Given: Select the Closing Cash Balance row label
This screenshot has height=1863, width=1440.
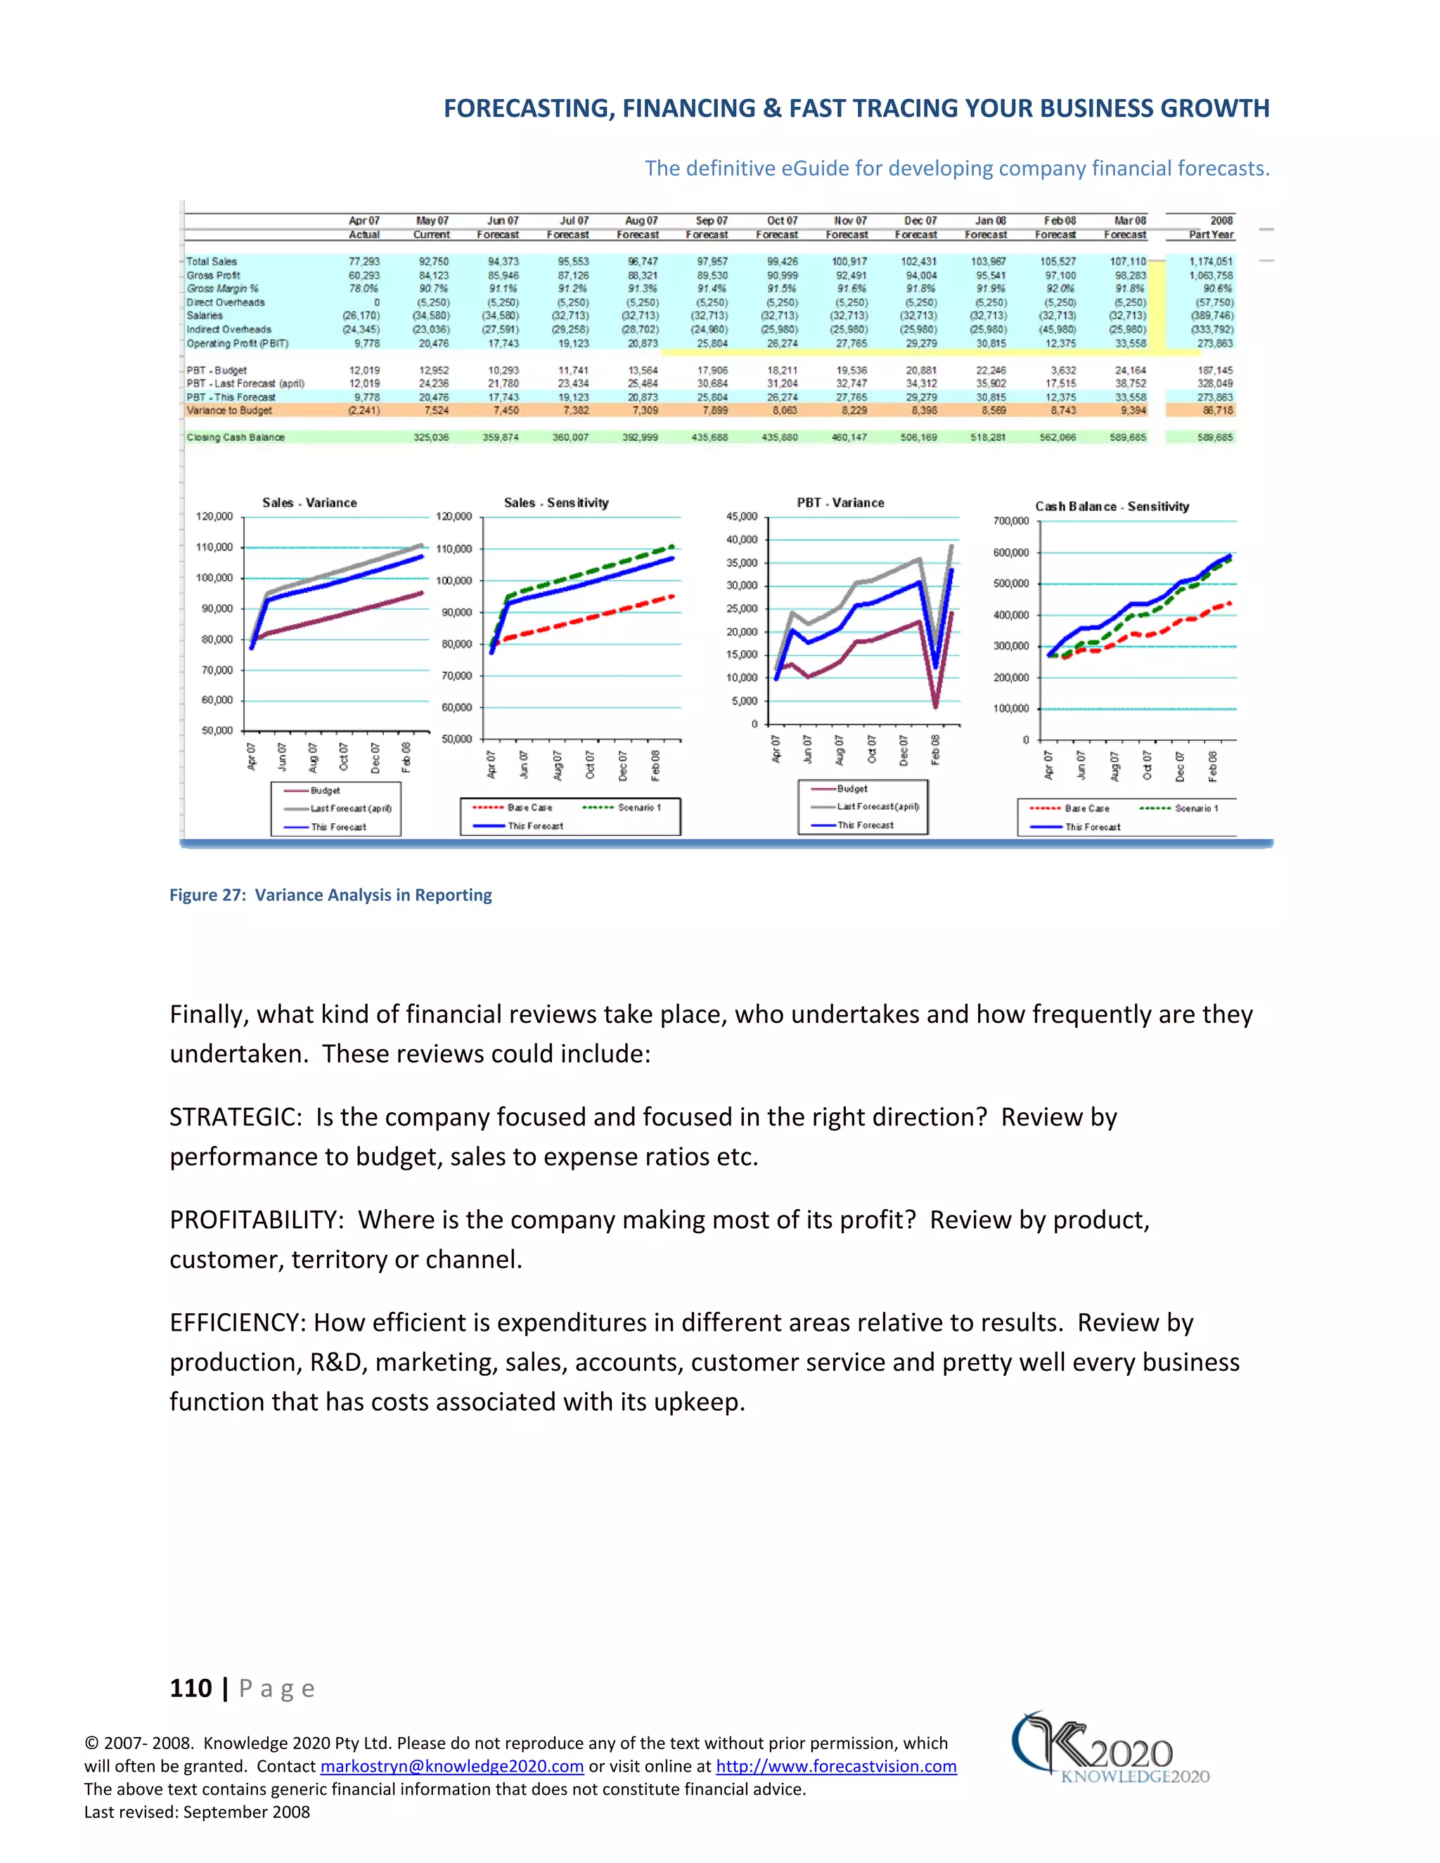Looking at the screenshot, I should [x=236, y=437].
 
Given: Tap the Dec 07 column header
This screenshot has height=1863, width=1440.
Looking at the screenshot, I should [x=920, y=221].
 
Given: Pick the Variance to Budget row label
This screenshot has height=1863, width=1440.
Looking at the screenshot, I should [x=229, y=411].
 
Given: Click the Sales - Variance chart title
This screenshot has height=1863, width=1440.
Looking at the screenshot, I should [x=309, y=503].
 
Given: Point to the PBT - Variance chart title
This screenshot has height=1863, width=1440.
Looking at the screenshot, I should [x=840, y=503].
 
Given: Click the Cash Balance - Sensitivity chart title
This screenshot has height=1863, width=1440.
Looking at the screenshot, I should [x=1112, y=507].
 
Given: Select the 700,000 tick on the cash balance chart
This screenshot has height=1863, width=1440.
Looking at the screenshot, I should [x=1011, y=521].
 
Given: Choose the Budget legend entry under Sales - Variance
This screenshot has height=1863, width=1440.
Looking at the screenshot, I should [x=324, y=791].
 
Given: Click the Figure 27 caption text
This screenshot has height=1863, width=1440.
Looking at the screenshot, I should [x=330, y=895].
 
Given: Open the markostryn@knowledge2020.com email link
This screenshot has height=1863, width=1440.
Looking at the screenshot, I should [x=451, y=1767].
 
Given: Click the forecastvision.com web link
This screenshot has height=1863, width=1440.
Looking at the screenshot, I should [x=835, y=1767].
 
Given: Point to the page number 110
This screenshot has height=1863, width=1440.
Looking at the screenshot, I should [x=191, y=1688].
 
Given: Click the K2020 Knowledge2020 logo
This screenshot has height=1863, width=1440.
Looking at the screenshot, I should [x=1109, y=1748].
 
